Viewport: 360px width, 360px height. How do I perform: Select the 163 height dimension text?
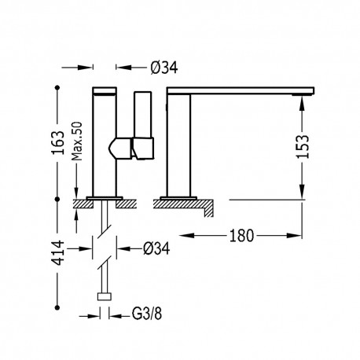tap(59, 144)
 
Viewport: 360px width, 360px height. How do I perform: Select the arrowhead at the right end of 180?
tap(300, 233)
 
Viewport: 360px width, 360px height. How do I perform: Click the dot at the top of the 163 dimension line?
tap(59, 88)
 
